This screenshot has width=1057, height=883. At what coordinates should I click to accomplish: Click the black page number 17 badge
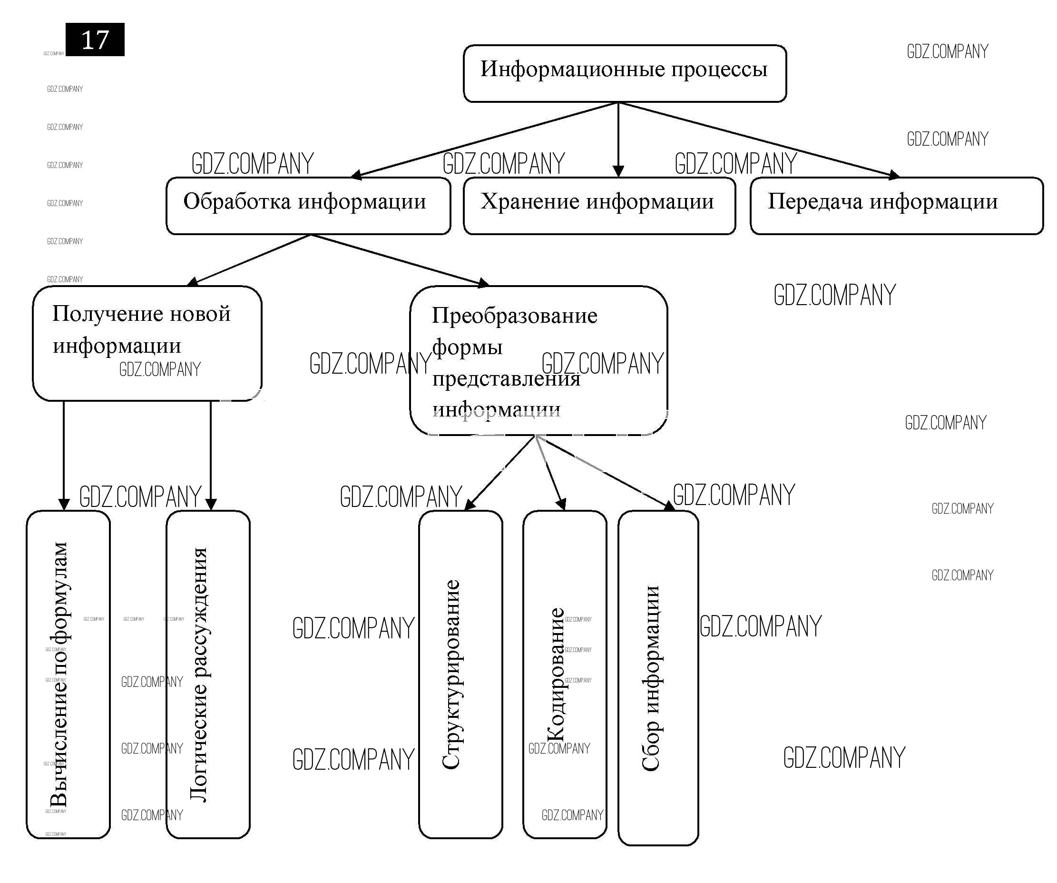click(x=95, y=40)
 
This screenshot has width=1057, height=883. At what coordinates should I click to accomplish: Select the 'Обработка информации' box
click(x=308, y=206)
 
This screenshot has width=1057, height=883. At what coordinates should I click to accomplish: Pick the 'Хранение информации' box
click(x=599, y=206)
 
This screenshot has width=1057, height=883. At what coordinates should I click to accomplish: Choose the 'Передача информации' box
click(x=896, y=206)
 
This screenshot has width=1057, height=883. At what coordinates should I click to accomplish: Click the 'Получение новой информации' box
click(x=147, y=344)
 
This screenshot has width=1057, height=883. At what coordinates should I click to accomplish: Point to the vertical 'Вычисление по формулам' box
click(x=68, y=675)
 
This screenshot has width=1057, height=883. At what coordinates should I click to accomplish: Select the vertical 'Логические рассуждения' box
click(x=208, y=675)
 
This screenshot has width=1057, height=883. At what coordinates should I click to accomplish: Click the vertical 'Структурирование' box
click(x=460, y=675)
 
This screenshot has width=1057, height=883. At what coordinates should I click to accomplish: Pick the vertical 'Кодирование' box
click(x=564, y=675)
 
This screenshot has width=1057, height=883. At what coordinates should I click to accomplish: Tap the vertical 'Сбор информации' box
click(x=658, y=677)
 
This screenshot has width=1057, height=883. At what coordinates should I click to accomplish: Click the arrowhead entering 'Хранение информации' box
click(x=618, y=171)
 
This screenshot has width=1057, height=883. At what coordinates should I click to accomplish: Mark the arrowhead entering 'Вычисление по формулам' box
click(x=64, y=504)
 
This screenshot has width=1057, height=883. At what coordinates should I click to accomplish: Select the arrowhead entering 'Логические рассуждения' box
click(x=211, y=504)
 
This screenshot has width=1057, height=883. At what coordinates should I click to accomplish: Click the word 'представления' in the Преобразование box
click(x=506, y=379)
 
